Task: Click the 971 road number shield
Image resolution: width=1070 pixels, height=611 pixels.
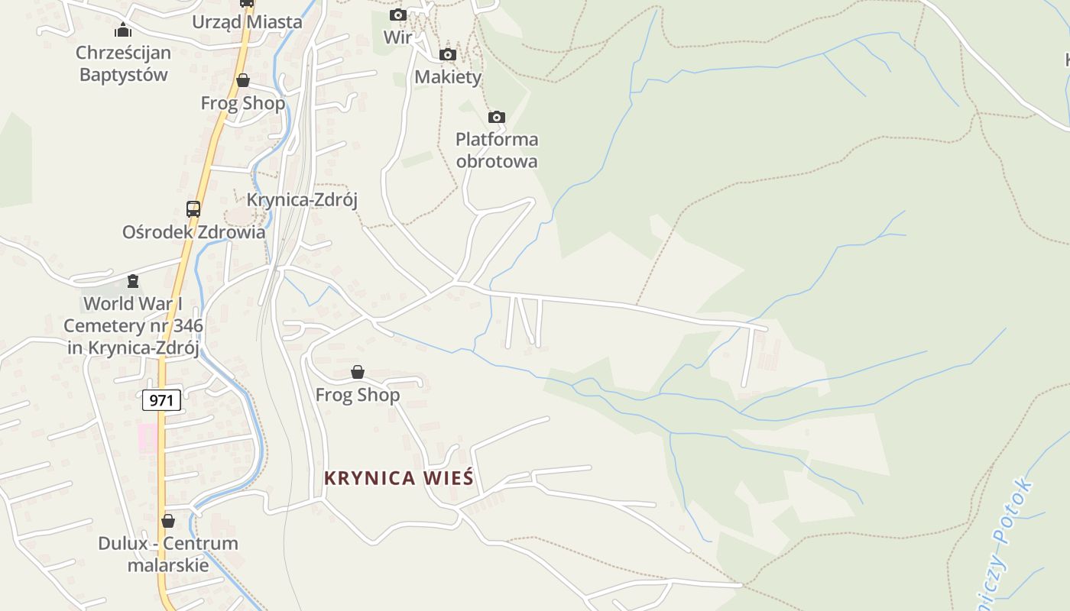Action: click(161, 400)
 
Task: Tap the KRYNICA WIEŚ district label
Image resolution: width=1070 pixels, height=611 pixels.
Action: click(399, 478)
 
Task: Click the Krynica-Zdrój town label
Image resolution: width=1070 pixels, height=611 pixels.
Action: click(302, 200)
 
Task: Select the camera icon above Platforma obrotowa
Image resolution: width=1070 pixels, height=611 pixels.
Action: click(497, 117)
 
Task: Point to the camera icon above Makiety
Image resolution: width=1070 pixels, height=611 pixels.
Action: click(448, 54)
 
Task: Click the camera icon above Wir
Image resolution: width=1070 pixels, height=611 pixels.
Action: click(398, 15)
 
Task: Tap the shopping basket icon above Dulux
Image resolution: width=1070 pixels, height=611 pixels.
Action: click(168, 521)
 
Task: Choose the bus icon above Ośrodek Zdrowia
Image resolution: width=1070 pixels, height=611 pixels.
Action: click(193, 209)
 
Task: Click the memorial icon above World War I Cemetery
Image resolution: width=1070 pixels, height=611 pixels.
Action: click(133, 281)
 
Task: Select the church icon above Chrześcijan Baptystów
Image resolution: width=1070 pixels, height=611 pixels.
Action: click(123, 31)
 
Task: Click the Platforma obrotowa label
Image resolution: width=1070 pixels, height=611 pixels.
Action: click(497, 150)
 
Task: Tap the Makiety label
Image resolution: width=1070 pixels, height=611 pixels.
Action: click(448, 77)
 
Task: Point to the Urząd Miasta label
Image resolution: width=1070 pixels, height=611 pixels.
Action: click(247, 22)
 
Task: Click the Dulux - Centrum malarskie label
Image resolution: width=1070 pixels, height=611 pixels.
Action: click(168, 554)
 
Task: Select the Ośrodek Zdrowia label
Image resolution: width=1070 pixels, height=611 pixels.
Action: click(194, 232)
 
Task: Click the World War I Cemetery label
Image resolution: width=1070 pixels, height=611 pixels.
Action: click(133, 326)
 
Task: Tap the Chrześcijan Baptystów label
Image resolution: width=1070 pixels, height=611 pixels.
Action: click(123, 64)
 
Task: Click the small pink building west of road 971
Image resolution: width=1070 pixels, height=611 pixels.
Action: click(148, 438)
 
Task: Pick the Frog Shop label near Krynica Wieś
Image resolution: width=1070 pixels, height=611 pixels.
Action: click(358, 395)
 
